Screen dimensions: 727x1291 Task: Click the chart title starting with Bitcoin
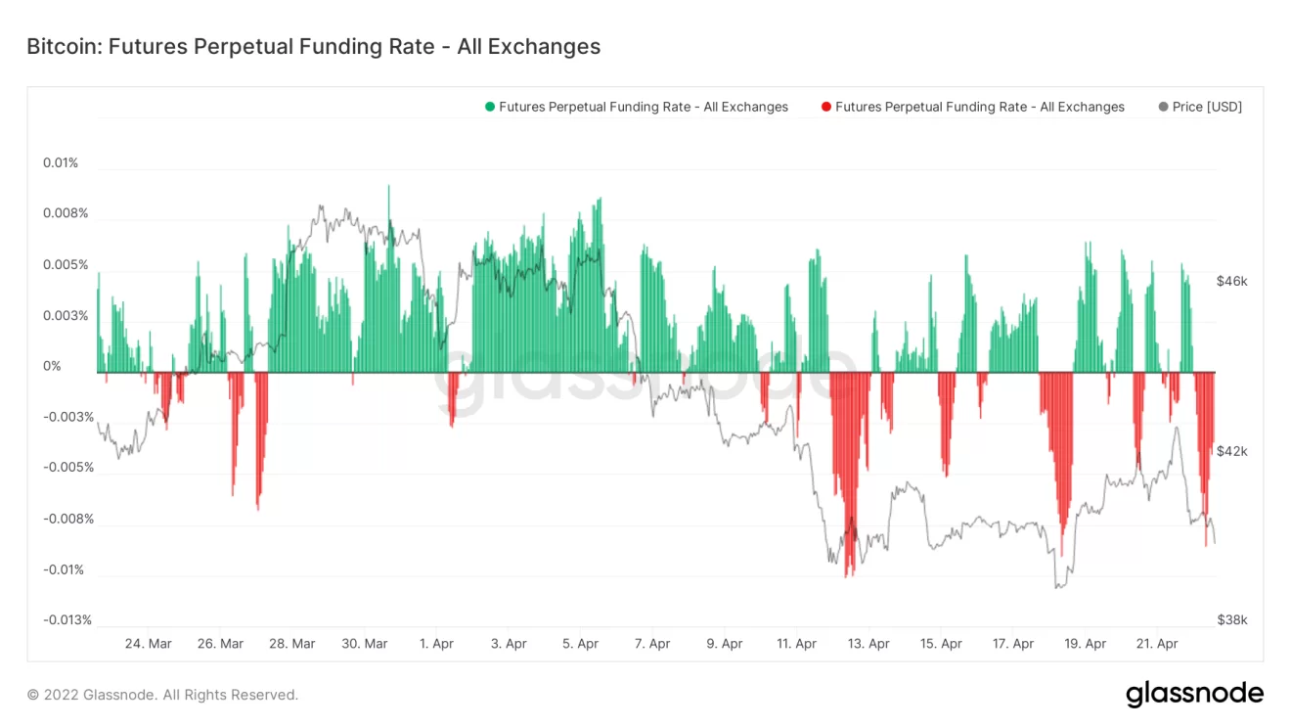point(313,46)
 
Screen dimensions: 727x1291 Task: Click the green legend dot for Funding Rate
point(490,107)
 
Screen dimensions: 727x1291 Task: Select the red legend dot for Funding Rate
point(826,107)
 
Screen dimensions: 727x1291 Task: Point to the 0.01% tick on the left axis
point(61,162)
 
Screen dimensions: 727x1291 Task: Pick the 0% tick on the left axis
point(52,366)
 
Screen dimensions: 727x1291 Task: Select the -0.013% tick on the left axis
point(68,620)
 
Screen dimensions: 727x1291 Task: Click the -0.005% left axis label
point(68,468)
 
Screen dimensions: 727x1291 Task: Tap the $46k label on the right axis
point(1231,281)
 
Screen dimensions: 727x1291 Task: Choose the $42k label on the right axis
point(1231,451)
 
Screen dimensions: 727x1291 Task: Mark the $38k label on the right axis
point(1231,619)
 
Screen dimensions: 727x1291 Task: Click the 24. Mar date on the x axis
point(149,644)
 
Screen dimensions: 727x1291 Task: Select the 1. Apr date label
point(436,644)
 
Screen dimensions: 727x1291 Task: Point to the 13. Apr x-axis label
point(868,644)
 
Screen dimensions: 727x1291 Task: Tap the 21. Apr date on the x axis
point(1157,644)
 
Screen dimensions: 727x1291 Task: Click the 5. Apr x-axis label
point(581,644)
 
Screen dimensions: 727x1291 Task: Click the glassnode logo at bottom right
point(1194,694)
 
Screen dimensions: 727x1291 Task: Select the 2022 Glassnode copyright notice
point(162,695)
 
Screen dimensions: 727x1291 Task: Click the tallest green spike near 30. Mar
point(388,188)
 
